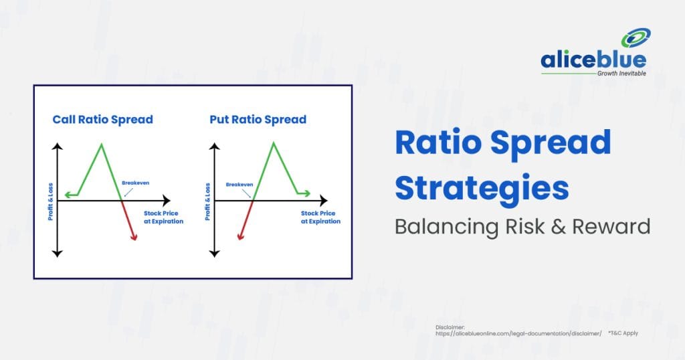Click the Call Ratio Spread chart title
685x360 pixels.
[x=102, y=119]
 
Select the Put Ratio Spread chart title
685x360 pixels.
[x=258, y=119]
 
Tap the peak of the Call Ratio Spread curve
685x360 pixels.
[x=102, y=144]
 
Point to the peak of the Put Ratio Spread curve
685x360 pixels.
[x=274, y=143]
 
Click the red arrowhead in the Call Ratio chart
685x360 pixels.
[x=134, y=237]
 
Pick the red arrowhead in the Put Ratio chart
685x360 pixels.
[x=240, y=236]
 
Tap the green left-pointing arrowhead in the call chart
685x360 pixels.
[x=68, y=195]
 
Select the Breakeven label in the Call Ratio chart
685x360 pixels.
[x=135, y=183]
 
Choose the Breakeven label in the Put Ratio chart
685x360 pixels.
[x=239, y=185]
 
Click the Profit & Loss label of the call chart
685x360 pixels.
[x=50, y=201]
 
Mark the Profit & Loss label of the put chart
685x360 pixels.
[x=207, y=201]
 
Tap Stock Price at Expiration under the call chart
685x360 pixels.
[x=163, y=217]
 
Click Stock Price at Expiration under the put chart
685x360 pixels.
[x=320, y=217]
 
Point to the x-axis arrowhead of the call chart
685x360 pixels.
[x=167, y=201]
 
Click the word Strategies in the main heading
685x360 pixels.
[x=482, y=188]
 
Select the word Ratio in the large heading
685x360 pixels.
[x=438, y=142]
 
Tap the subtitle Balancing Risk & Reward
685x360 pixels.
[x=522, y=226]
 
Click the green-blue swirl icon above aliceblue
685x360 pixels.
[x=636, y=38]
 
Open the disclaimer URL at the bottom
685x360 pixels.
[x=518, y=333]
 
